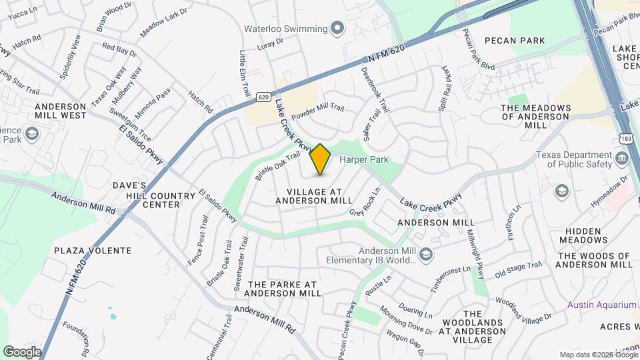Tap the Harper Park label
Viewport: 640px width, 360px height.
pyautogui.click(x=364, y=159)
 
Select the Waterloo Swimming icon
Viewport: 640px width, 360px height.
pyautogui.click(x=337, y=29)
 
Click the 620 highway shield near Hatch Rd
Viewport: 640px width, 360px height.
pyautogui.click(x=264, y=97)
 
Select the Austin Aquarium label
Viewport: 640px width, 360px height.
pyautogui.click(x=602, y=305)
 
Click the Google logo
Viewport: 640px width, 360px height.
pyautogui.click(x=22, y=351)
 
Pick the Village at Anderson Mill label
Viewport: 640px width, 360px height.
pyautogui.click(x=313, y=195)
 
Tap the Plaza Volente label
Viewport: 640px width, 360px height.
pyautogui.click(x=93, y=251)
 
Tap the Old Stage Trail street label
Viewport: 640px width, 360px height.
pyautogui.click(x=518, y=270)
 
